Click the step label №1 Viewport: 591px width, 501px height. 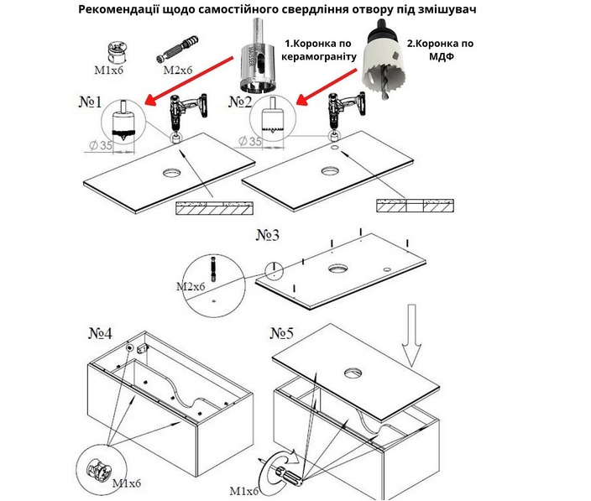pyautogui.click(x=90, y=102)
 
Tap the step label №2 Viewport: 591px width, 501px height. pyautogui.click(x=240, y=102)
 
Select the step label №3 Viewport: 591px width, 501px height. pyautogui.click(x=268, y=235)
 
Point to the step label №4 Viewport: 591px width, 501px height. pyautogui.click(x=100, y=333)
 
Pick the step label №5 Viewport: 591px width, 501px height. pyautogui.click(x=282, y=333)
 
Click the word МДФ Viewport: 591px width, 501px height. pyautogui.click(x=441, y=57)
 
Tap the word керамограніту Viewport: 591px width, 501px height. pyautogui.click(x=319, y=57)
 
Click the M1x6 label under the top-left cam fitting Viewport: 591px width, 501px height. pyautogui.click(x=108, y=70)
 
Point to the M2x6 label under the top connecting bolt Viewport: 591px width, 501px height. pyautogui.click(x=178, y=70)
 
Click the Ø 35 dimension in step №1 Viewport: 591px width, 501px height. pyautogui.click(x=101, y=145)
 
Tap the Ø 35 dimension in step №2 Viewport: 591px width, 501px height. pyautogui.click(x=250, y=141)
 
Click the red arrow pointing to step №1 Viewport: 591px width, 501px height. pyautogui.click(x=189, y=80)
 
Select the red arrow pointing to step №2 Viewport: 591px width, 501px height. pyautogui.click(x=326, y=86)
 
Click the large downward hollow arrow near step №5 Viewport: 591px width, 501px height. pyautogui.click(x=411, y=335)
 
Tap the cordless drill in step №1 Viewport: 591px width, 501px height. pyautogui.click(x=186, y=113)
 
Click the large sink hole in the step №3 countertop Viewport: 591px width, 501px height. pyautogui.click(x=337, y=269)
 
